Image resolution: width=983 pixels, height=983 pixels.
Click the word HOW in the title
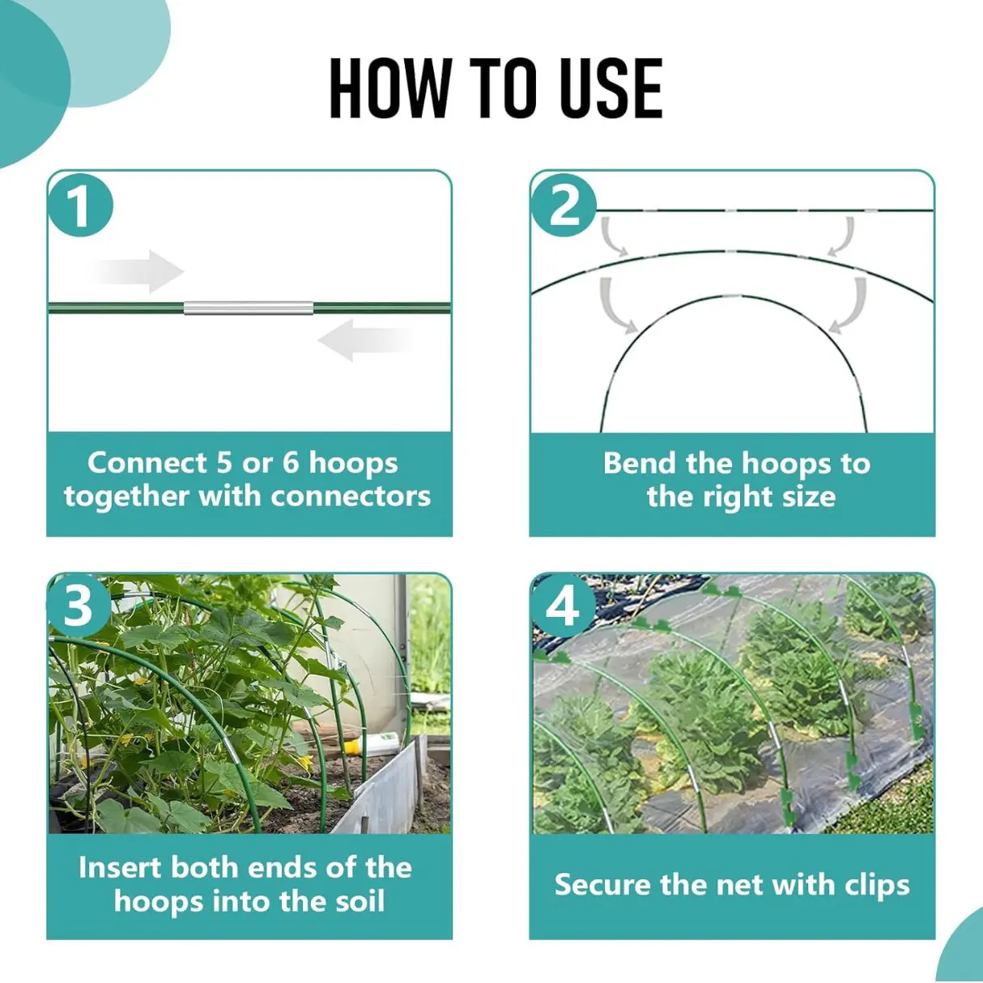(389, 88)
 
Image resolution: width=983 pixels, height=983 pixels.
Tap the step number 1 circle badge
(79, 205)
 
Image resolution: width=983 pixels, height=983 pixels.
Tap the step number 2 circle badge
(564, 205)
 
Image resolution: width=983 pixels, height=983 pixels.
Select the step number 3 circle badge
(79, 605)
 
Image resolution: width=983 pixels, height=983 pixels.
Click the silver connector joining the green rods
(248, 309)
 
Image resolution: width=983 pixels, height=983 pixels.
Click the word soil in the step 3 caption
(355, 900)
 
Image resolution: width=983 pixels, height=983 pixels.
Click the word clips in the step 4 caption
(877, 884)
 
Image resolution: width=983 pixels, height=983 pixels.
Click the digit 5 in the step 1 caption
(224, 462)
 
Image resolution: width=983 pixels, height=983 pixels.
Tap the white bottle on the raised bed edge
(381, 742)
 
